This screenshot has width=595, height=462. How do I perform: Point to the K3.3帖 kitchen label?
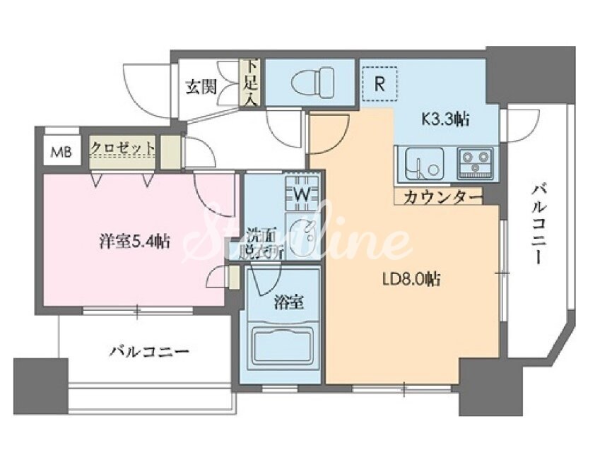[x=446, y=119]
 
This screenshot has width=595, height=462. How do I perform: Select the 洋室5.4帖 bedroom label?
[x=134, y=241]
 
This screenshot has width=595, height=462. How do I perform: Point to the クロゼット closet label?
[x=123, y=147]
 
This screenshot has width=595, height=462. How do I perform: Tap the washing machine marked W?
[x=300, y=192]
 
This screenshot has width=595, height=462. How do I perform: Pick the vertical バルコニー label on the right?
[x=541, y=223]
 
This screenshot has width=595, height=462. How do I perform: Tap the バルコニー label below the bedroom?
[x=148, y=351]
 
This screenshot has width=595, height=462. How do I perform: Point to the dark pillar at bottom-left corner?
[x=40, y=386]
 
